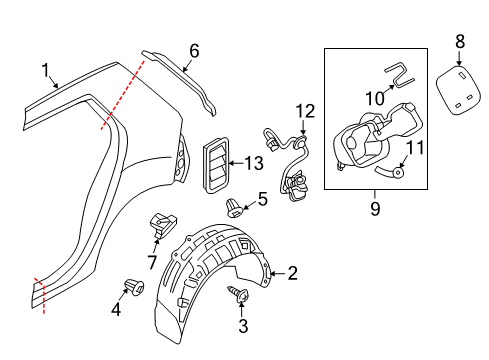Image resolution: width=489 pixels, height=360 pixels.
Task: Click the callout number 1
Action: pos(45,71)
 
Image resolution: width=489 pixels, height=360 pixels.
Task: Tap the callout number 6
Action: pos(194,51)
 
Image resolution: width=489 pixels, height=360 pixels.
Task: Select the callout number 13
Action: pos(254,163)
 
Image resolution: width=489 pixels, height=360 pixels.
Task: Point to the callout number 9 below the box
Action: pos(375,209)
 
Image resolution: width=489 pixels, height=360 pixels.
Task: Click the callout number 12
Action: pos(305,111)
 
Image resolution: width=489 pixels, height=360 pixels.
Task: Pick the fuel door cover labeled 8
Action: pos(458,90)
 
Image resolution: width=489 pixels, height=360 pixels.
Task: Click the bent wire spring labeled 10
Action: pos(400,77)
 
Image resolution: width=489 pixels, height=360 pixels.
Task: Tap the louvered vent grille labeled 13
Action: pos(216,165)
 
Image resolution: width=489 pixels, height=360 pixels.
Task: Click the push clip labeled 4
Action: pos(134,287)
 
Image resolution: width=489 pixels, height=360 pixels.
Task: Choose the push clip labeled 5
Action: pos(234,208)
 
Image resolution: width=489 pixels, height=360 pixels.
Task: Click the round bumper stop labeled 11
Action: pos(398,172)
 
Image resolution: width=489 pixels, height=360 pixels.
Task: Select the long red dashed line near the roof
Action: pos(123,95)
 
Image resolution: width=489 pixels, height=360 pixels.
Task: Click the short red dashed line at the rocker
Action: pos(40,295)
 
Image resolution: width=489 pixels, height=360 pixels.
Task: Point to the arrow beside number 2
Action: pos(277,274)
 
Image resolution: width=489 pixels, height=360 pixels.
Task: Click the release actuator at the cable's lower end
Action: pos(297,187)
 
